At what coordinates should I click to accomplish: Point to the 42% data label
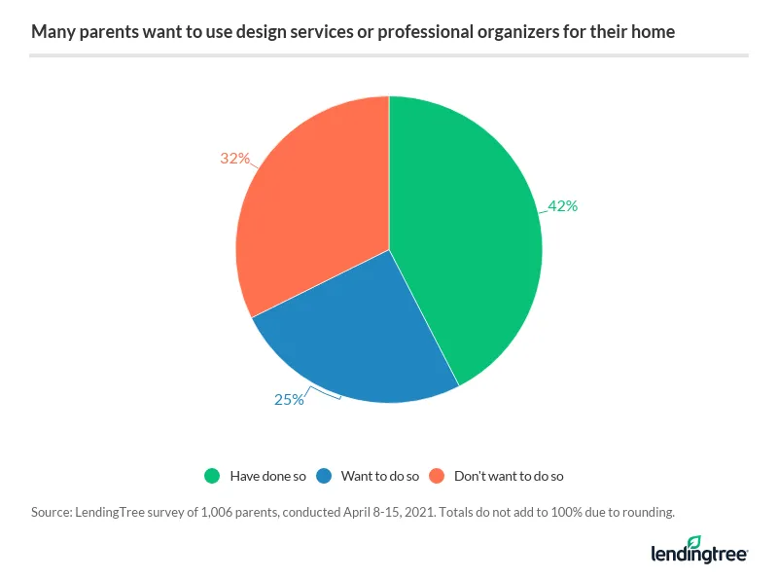coord(562,206)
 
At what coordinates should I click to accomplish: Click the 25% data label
coord(289,399)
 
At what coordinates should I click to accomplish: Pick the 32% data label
coord(234,158)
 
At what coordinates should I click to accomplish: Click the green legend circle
coord(213,476)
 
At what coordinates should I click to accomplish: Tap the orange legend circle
coord(437,476)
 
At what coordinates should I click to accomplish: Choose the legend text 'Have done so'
coord(267,477)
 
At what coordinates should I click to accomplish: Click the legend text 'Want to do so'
coord(379,477)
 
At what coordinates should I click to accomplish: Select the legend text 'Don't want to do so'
coord(509,477)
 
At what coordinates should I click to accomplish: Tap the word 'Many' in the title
coord(50,32)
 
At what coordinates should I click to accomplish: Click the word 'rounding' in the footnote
coord(645,511)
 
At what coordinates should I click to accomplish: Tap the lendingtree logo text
coord(698,555)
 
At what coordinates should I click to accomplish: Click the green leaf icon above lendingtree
coord(694,541)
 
